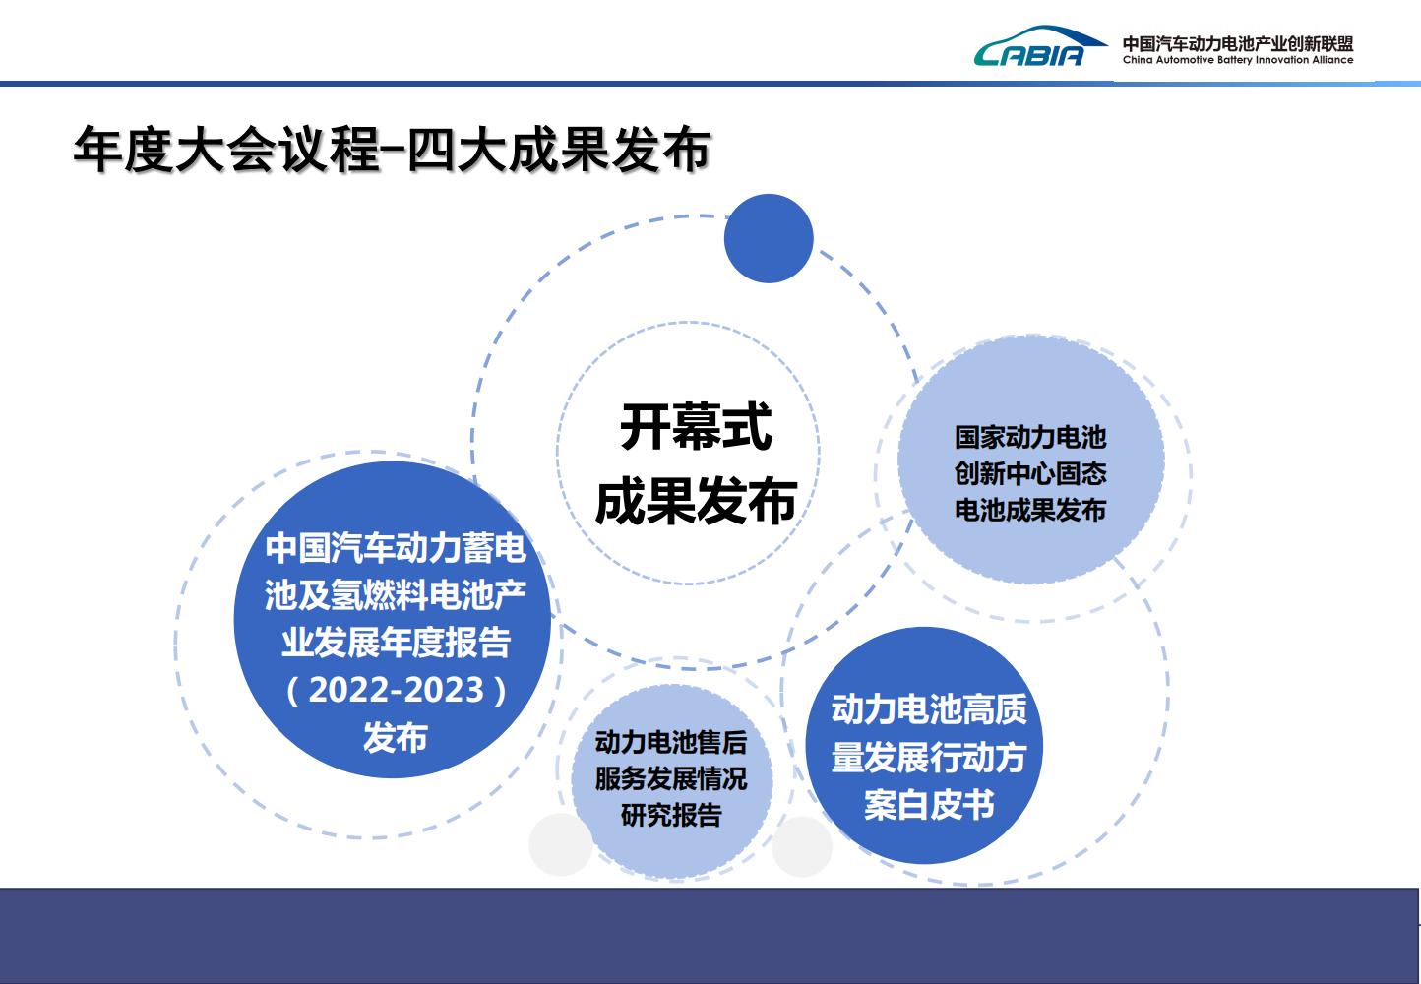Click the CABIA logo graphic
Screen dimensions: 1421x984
1040,46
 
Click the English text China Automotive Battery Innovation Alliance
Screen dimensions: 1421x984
1238,60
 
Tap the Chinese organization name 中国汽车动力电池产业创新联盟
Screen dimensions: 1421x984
1238,43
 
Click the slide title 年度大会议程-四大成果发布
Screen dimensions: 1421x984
392,150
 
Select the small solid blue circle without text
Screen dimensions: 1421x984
769,238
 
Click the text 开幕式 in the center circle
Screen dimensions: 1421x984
696,426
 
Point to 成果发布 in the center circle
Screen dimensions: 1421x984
696,501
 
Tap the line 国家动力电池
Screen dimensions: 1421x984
1030,437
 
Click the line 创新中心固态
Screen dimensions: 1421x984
1030,473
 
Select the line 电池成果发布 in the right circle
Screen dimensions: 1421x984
1030,510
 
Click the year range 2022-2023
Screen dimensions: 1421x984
397,690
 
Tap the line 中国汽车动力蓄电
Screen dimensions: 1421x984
396,547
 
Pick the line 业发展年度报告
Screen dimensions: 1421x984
396,642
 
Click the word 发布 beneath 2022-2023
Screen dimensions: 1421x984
396,737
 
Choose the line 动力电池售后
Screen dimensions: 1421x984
671,742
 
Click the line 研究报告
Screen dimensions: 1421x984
671,815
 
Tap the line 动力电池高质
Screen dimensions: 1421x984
929,709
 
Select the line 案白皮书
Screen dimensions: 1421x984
929,805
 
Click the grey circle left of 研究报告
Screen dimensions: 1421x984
561,844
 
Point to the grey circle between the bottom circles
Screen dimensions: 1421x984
802,846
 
